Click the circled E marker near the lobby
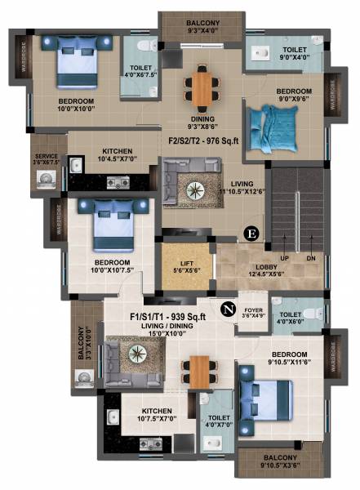tap(251, 234)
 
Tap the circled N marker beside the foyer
tap(228, 310)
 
